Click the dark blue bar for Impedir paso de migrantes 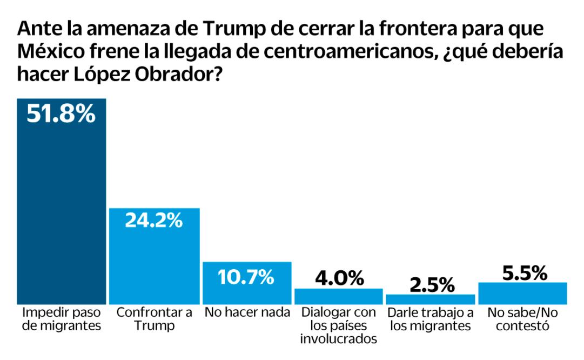click(61, 211)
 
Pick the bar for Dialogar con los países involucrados click(338, 296)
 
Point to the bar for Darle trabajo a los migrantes click(431, 299)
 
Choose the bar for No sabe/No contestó click(522, 293)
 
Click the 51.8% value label click(61, 114)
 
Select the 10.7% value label click(246, 276)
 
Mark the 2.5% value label click(431, 284)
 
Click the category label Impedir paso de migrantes click(61, 319)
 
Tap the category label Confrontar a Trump click(154, 319)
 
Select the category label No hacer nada click(246, 312)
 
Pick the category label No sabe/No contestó click(522, 319)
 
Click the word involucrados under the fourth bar click(338, 339)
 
